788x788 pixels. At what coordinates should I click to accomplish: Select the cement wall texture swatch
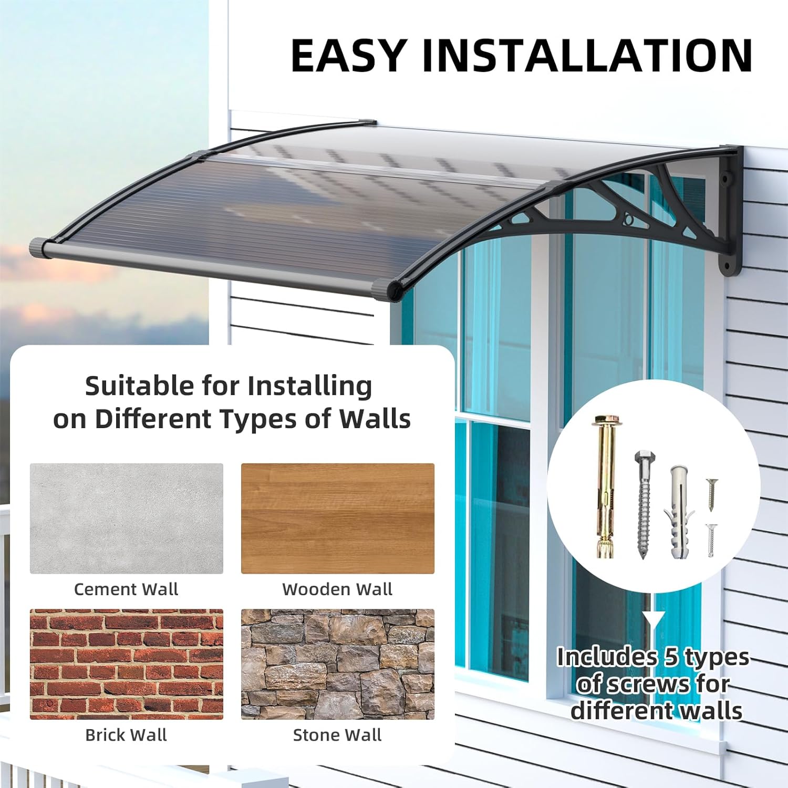127,518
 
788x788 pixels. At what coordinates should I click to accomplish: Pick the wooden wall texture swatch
338,518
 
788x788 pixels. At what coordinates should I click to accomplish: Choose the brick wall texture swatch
127,664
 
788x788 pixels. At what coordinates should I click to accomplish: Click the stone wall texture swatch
338,664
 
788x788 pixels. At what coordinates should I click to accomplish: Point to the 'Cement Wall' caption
126,589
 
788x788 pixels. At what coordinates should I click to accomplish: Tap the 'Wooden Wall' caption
337,589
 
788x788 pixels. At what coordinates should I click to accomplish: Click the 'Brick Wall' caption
126,734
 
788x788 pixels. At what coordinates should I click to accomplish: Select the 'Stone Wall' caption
337,734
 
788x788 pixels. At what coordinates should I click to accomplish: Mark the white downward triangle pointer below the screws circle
653,620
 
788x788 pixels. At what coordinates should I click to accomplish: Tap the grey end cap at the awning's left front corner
38,248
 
